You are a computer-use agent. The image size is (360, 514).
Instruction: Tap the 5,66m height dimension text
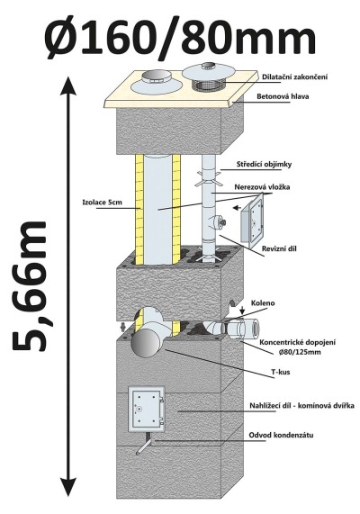pyautogui.click(x=31, y=285)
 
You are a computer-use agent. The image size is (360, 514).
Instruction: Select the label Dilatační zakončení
pyautogui.click(x=295, y=77)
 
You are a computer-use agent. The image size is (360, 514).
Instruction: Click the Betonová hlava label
pyautogui.click(x=283, y=96)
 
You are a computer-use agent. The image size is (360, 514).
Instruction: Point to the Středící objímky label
pyautogui.click(x=264, y=165)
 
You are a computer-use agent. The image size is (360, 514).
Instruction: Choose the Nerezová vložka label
pyautogui.click(x=262, y=187)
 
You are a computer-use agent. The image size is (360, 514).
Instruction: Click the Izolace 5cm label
pyautogui.click(x=102, y=203)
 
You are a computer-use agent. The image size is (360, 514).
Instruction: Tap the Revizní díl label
pyautogui.click(x=279, y=248)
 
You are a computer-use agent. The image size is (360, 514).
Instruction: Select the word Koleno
pyautogui.click(x=263, y=303)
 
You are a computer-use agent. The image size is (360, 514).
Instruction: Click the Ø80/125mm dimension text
pyautogui.click(x=297, y=352)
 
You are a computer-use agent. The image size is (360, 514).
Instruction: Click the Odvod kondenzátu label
pyautogui.click(x=281, y=436)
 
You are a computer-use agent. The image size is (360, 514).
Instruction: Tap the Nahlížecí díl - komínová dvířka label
pyautogui.click(x=301, y=406)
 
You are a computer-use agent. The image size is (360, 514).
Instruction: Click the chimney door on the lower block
pyautogui.click(x=146, y=409)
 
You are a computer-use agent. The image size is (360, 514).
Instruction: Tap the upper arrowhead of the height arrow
pyautogui.click(x=69, y=86)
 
